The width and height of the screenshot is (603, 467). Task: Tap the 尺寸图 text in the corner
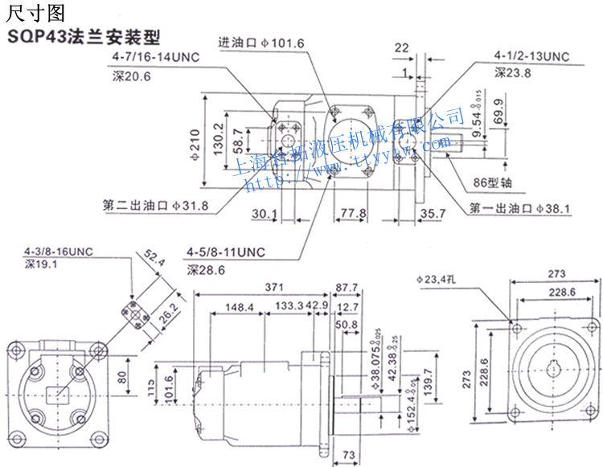pyautogui.click(x=33, y=12)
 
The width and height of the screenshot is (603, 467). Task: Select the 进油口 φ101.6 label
pyautogui.click(x=261, y=43)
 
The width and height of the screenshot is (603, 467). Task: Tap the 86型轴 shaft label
pyautogui.click(x=492, y=182)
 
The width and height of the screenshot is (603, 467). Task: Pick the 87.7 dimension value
pyautogui.click(x=347, y=287)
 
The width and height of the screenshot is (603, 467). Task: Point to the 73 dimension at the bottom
pyautogui.click(x=348, y=456)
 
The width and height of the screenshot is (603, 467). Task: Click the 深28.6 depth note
pyautogui.click(x=207, y=270)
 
